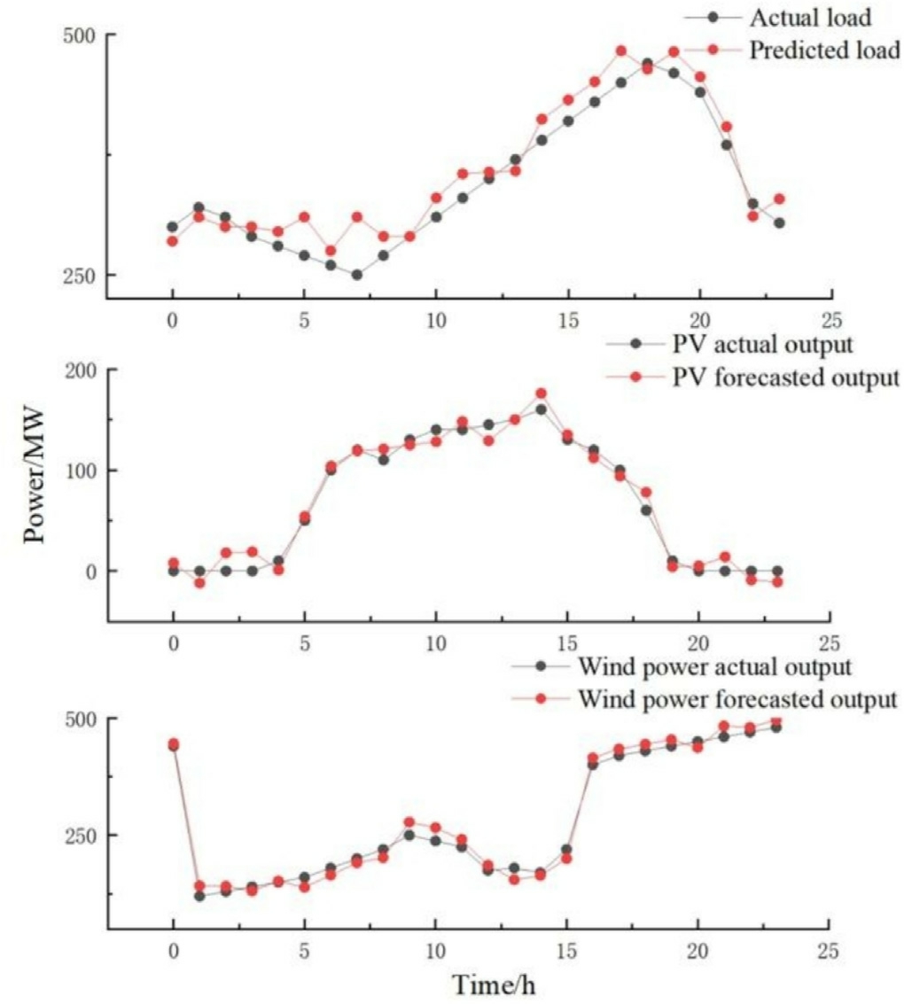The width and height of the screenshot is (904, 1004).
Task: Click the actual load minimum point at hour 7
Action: pyautogui.click(x=357, y=275)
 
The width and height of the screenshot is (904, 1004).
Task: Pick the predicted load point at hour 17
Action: pyautogui.click(x=620, y=51)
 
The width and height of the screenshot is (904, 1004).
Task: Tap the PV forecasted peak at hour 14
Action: pyautogui.click(x=541, y=393)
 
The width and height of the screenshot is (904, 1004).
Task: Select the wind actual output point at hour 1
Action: pyautogui.click(x=199, y=896)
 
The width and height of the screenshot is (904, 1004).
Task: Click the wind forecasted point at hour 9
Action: pyautogui.click(x=409, y=822)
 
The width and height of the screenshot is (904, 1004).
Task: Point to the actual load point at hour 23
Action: pyautogui.click(x=778, y=223)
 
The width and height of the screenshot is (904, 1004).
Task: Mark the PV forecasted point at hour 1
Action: pyautogui.click(x=199, y=582)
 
